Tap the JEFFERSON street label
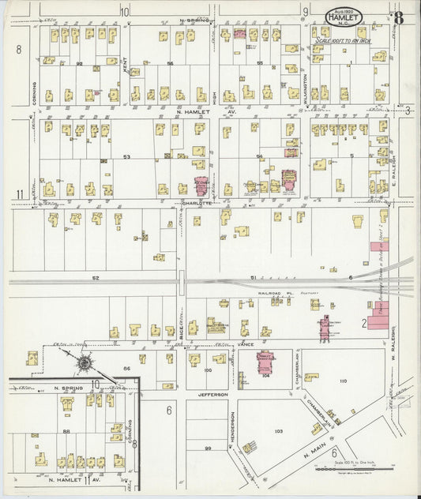[x=212, y=393]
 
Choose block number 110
[x=343, y=381]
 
